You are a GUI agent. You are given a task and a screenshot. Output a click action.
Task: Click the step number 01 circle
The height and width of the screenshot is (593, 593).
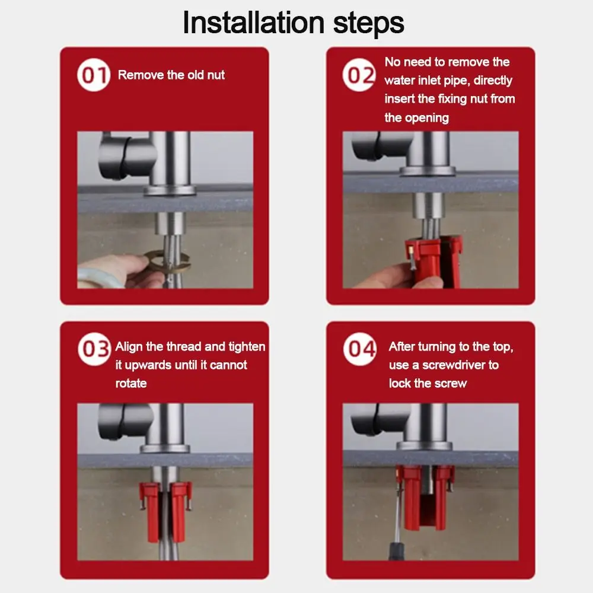(94, 75)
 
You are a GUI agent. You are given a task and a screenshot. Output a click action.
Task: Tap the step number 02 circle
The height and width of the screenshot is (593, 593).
(359, 75)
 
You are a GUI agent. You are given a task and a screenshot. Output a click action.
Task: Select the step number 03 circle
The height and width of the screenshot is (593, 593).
(94, 349)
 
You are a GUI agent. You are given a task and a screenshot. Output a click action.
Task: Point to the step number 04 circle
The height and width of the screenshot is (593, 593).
(360, 349)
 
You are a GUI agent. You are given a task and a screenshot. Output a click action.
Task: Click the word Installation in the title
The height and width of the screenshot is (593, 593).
(253, 23)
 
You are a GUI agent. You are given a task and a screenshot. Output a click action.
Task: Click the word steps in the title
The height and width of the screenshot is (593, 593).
(369, 24)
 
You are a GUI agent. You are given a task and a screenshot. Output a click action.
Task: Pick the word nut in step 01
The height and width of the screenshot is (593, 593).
(216, 75)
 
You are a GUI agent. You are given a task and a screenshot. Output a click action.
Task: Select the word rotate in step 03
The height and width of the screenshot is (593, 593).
(131, 384)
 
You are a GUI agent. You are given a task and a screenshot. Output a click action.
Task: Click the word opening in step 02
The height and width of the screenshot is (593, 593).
(427, 118)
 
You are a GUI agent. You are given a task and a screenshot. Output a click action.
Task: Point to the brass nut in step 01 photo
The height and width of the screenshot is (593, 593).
(167, 262)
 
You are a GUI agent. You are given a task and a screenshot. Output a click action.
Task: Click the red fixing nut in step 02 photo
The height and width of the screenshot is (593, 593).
(433, 260)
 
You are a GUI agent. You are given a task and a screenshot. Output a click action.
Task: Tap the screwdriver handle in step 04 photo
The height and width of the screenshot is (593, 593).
(397, 551)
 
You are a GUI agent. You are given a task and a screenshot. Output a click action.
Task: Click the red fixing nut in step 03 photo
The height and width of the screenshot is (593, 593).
(165, 510)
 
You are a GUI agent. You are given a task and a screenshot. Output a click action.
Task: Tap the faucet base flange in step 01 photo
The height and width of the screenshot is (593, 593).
(169, 190)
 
